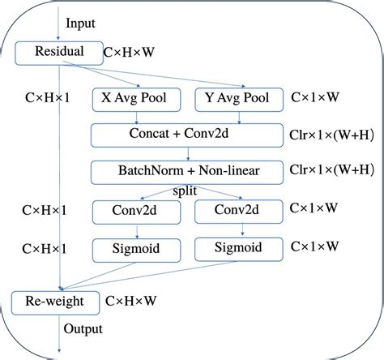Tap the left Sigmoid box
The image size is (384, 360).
(137, 246)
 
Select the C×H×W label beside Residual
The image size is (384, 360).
(130, 52)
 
